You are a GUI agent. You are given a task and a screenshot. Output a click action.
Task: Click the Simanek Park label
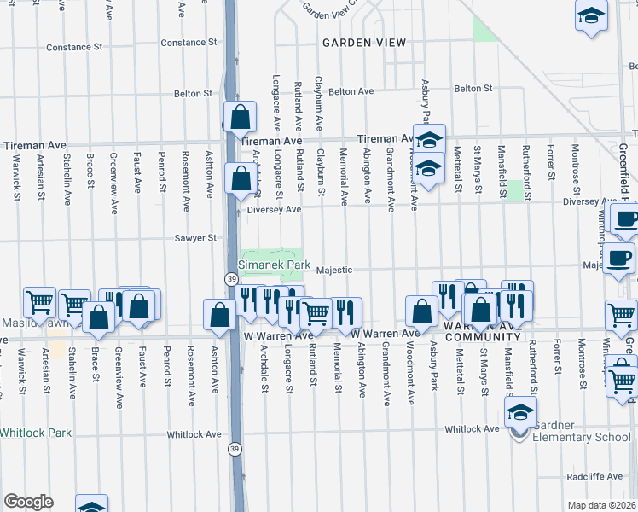274,265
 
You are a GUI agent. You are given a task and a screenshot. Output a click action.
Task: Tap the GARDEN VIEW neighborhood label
356,42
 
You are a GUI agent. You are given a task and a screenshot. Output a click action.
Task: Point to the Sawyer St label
195,239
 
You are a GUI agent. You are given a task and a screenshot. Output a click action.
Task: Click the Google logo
28,502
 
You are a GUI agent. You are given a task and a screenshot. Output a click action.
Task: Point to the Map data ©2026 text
601,505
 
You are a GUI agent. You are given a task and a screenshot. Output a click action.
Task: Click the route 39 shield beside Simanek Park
232,279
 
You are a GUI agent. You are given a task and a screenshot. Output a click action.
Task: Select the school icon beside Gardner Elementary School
520,413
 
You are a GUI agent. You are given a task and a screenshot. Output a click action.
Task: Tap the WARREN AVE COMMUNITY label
482,331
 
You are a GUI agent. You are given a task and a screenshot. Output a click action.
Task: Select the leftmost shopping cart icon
39,302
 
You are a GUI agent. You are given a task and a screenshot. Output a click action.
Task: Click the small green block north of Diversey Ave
514,189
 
